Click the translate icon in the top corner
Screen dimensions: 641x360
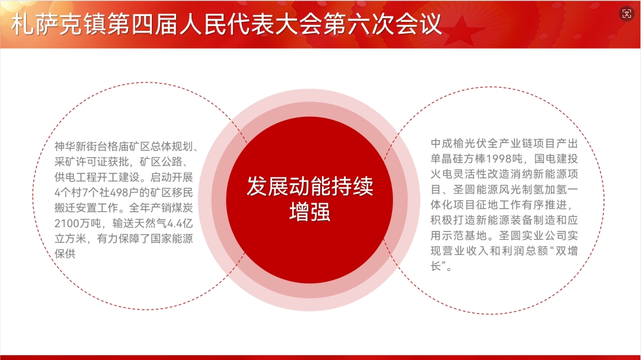626,14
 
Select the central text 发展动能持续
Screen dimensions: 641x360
310,187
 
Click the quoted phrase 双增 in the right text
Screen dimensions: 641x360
567,251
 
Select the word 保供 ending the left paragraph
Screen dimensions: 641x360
65,254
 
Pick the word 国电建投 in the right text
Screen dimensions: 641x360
556,159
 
